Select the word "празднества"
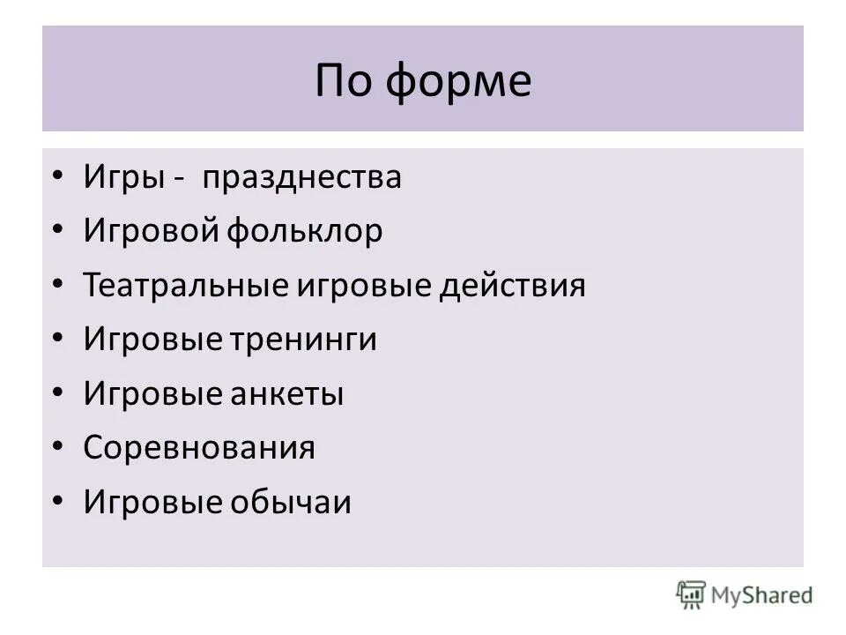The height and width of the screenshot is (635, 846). point(301,178)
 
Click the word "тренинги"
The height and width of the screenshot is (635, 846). point(305,340)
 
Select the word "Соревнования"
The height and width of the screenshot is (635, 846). point(199,448)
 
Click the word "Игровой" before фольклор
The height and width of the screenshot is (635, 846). point(150,232)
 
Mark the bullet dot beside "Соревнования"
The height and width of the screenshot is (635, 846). point(58,448)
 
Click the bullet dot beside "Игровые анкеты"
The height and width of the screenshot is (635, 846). point(58,394)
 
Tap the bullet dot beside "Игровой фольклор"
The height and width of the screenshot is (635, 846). point(58,232)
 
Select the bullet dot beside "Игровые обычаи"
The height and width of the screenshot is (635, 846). point(58,503)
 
